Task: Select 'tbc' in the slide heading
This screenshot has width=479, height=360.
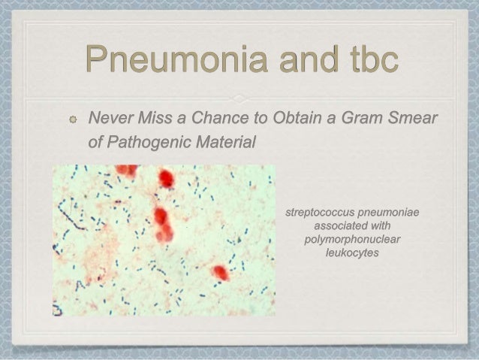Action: click(363, 62)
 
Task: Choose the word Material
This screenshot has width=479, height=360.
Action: click(227, 141)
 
